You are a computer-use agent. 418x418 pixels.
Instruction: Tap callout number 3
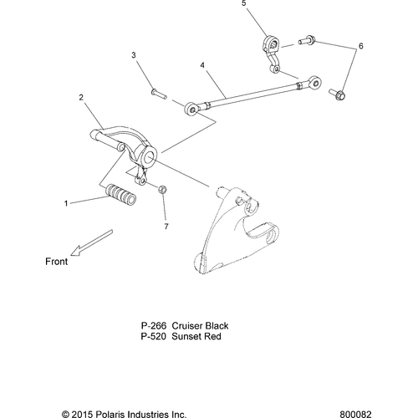(133, 55)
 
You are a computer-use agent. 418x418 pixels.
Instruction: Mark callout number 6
(360, 46)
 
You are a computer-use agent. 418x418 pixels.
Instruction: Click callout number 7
(166, 226)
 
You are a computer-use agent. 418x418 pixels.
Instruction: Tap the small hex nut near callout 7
(164, 191)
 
